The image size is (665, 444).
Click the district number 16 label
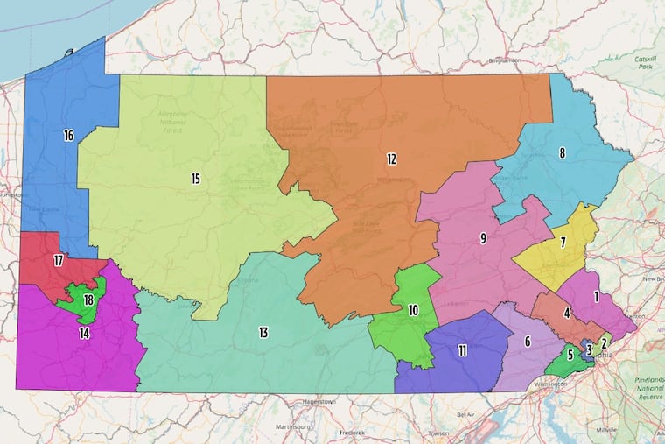[x=67, y=136]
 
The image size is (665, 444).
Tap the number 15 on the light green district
[x=196, y=179]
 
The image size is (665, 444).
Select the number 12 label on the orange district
[x=392, y=159]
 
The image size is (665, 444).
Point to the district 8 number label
[x=562, y=153]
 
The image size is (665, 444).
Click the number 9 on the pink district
[x=482, y=238]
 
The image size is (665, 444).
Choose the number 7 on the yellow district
[x=563, y=242]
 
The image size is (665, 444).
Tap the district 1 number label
[x=596, y=297]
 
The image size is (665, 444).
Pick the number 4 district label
[x=567, y=313]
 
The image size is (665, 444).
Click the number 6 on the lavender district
[x=528, y=342]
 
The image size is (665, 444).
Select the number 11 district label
[x=462, y=350]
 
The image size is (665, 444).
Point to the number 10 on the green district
[x=413, y=310]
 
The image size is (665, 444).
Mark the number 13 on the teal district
[x=262, y=332]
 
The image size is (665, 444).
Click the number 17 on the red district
[x=59, y=261]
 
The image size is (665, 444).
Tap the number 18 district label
[x=88, y=300]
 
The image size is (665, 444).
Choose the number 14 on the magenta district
[x=84, y=333]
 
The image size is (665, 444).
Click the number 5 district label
[x=570, y=355]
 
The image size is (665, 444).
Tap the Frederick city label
[x=352, y=432]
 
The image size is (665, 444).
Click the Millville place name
[x=605, y=430]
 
